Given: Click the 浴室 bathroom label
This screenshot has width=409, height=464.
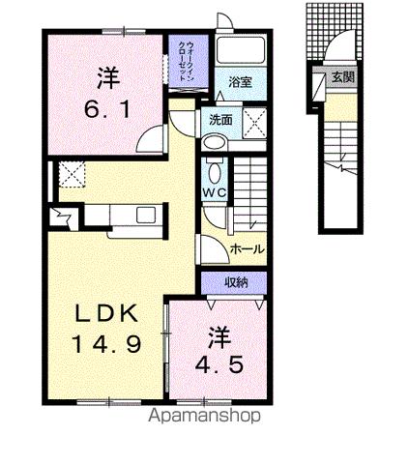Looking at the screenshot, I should pos(239,83).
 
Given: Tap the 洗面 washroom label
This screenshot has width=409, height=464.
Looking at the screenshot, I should pos(219,120).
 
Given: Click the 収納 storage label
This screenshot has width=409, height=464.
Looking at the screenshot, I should pos(237,282).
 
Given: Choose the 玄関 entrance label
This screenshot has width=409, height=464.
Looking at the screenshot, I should pos(342,78).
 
